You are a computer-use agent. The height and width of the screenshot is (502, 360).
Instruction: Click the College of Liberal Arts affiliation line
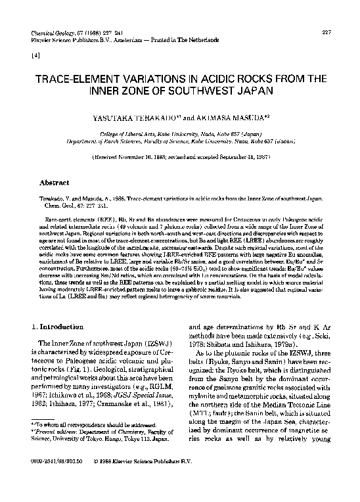(180, 133)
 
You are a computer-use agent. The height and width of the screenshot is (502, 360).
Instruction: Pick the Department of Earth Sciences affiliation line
(180, 140)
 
